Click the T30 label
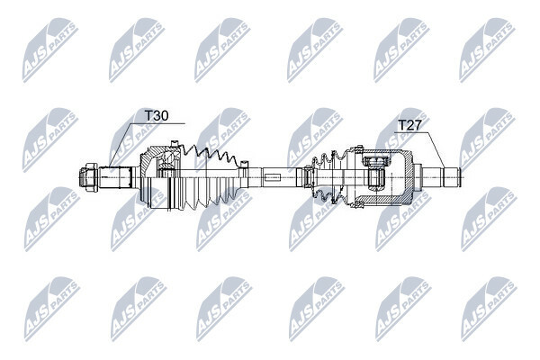[x=157, y=116]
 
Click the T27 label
[x=409, y=125]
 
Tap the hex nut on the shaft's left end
[x=89, y=177]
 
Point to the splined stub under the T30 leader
[x=115, y=177]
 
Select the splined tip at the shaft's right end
[x=452, y=177]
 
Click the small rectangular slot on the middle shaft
[x=273, y=178]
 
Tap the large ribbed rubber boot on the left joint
[x=209, y=176]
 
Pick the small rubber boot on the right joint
[x=327, y=177]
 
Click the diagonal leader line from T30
[x=121, y=144]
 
